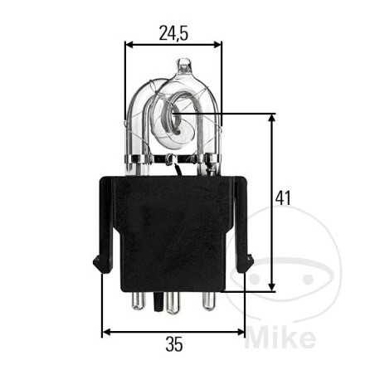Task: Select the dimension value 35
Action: click(x=173, y=344)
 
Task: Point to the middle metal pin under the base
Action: click(x=172, y=303)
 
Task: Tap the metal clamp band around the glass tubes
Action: click(x=173, y=158)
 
